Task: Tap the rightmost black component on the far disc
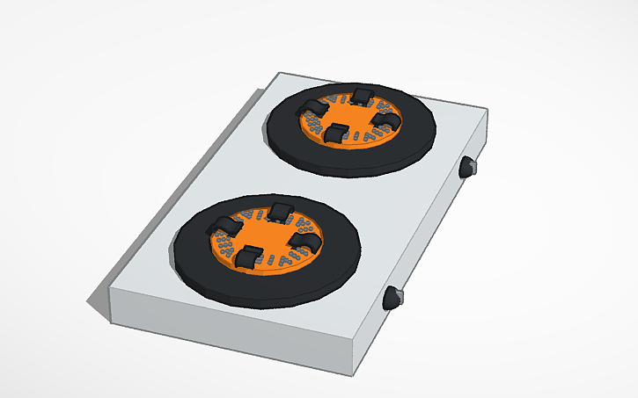(x=385, y=120)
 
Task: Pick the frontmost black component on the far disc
(x=337, y=134)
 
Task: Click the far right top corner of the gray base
(x=487, y=111)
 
